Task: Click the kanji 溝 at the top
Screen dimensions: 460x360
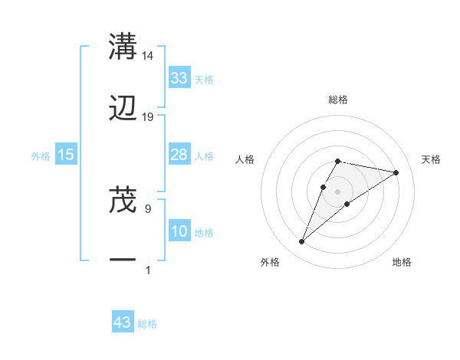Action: click(x=123, y=46)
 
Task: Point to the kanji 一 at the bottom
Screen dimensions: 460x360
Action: click(x=123, y=261)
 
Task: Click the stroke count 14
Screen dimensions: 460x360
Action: click(x=148, y=55)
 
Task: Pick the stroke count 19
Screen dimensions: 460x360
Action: click(x=148, y=117)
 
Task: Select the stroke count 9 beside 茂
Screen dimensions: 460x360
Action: click(x=148, y=208)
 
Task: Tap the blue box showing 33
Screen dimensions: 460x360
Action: click(x=179, y=77)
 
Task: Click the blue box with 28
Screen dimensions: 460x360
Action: click(x=179, y=155)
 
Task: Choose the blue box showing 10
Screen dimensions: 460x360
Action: click(x=179, y=231)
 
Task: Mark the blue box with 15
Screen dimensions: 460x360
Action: click(x=66, y=155)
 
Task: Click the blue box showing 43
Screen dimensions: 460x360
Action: click(x=123, y=322)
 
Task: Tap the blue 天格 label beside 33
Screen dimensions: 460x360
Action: click(x=204, y=79)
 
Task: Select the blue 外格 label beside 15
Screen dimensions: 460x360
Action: click(x=41, y=156)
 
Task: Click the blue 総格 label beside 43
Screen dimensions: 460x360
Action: click(x=148, y=324)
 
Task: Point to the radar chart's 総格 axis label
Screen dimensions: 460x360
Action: click(x=338, y=100)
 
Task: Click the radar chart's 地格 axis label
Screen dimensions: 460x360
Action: click(x=402, y=262)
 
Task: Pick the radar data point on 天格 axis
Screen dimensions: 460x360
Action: click(x=396, y=172)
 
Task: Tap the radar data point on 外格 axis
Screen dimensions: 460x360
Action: click(x=302, y=242)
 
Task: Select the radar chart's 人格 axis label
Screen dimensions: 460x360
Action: click(x=245, y=159)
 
